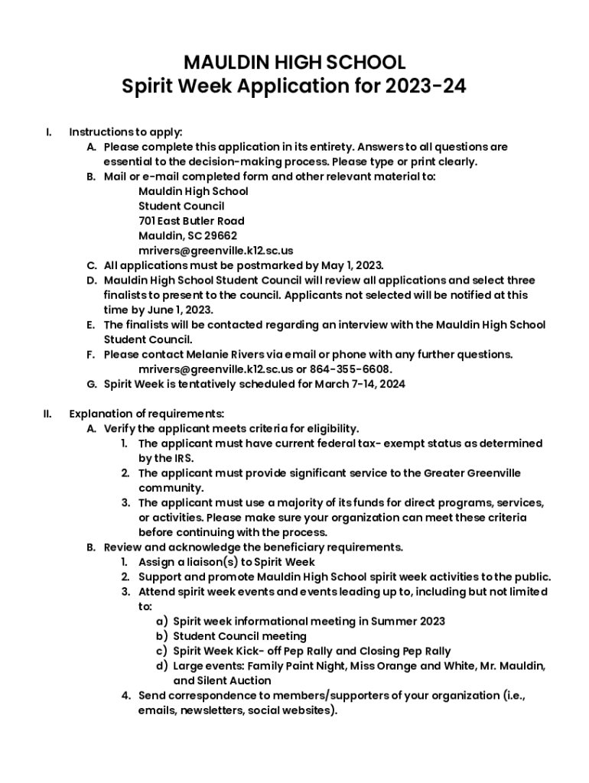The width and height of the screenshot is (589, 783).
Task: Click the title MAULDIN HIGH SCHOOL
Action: (x=294, y=62)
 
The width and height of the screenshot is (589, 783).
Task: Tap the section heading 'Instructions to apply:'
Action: (x=125, y=132)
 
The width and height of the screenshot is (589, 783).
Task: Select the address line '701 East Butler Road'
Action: (x=191, y=221)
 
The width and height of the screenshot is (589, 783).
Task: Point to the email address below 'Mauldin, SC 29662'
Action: (x=216, y=250)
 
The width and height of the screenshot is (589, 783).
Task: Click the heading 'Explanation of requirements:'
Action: (x=147, y=414)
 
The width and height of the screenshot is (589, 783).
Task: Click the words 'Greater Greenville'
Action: (x=472, y=473)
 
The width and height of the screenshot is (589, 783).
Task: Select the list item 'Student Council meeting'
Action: (x=239, y=636)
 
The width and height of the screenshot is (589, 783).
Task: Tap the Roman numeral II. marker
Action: (x=47, y=414)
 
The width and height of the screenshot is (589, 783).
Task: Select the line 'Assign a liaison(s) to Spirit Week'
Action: (x=226, y=562)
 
